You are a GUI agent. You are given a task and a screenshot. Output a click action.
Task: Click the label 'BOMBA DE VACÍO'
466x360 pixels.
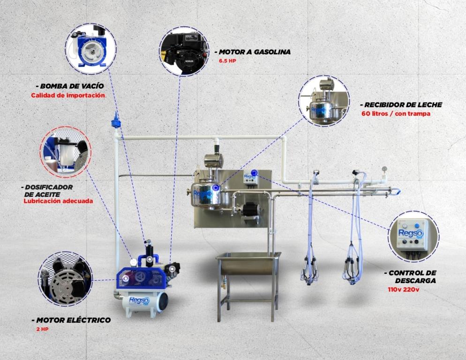coord(72,86)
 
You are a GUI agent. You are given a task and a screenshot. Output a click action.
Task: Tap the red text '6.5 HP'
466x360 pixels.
coord(227,61)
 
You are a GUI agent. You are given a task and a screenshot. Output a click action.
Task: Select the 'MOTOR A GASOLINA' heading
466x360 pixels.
coord(255,52)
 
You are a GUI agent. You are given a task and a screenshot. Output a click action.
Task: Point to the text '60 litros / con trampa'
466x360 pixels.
coord(396,113)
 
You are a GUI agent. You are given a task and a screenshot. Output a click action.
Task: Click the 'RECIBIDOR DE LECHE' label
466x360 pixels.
coord(403,105)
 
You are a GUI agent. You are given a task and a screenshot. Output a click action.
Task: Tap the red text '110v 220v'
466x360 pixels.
coord(403,289)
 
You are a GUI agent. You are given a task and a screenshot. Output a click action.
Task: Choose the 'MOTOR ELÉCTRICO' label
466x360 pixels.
coord(74,320)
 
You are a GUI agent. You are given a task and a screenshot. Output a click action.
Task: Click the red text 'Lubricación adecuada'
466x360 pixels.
coord(58,201)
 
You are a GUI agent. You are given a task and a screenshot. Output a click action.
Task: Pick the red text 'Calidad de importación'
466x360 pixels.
coord(68,96)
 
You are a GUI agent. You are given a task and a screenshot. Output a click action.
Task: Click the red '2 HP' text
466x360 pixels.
coord(42,329)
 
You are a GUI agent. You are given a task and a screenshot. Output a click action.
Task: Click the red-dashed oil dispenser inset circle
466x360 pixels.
coord(65,152)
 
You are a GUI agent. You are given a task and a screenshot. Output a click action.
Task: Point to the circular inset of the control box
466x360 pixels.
coord(413,237)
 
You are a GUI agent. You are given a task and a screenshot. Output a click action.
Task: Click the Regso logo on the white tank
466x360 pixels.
coord(139,301)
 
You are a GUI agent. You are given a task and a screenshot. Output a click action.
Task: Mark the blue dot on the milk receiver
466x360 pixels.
coord(216,187)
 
